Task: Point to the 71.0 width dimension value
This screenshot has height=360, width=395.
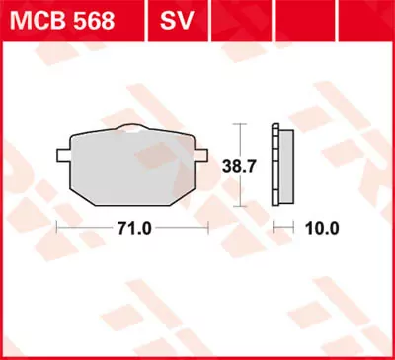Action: (132, 227)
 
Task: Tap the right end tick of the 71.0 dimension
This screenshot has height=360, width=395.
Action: (207, 227)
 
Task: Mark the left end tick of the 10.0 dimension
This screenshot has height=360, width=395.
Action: (273, 227)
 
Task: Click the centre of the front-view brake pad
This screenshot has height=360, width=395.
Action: (132, 166)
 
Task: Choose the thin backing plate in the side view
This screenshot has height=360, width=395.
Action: (275, 166)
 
